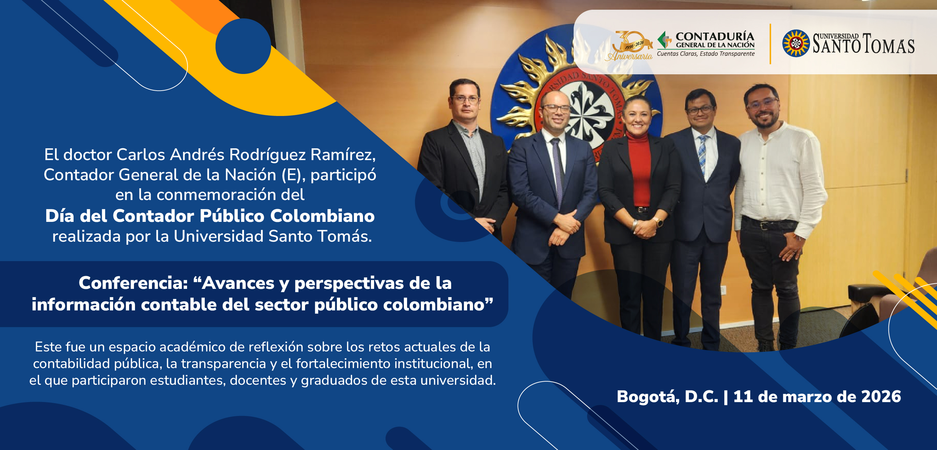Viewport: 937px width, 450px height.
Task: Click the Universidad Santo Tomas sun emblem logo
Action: pos(795,43)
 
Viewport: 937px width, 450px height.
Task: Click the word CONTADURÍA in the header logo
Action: pos(715,36)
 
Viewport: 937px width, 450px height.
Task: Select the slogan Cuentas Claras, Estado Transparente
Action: pos(706,54)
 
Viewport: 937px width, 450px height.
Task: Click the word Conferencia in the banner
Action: pos(133,283)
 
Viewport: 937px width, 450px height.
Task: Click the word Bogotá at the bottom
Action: pos(648,397)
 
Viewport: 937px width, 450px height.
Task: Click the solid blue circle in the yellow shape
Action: pos(243,46)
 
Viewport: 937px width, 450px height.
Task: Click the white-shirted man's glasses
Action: pos(762,103)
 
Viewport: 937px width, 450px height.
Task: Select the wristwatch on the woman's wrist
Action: pos(658,221)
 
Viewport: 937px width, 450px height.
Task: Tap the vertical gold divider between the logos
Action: pos(770,44)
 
